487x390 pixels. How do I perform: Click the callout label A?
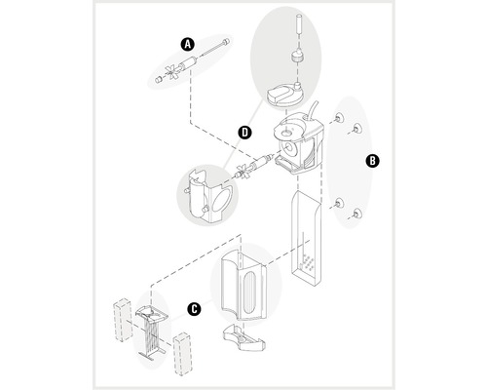[188, 43]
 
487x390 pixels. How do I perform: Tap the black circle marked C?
[194, 310]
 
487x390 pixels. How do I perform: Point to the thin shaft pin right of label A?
[218, 46]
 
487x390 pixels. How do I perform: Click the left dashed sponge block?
[123, 316]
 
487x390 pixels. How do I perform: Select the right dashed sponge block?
[183, 352]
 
